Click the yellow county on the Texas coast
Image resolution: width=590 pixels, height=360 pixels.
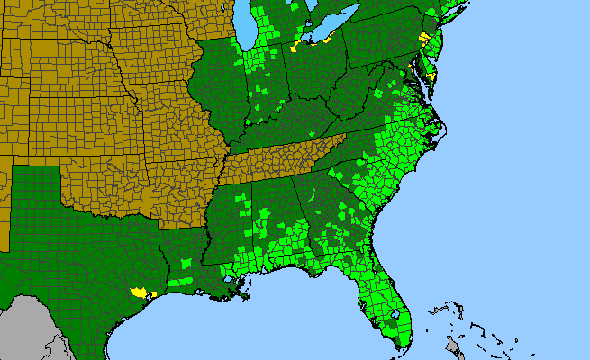138,292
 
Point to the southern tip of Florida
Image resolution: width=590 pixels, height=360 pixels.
401,346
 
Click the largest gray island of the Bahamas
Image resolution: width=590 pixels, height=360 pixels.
454,346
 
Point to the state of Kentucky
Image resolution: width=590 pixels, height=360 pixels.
288,126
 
